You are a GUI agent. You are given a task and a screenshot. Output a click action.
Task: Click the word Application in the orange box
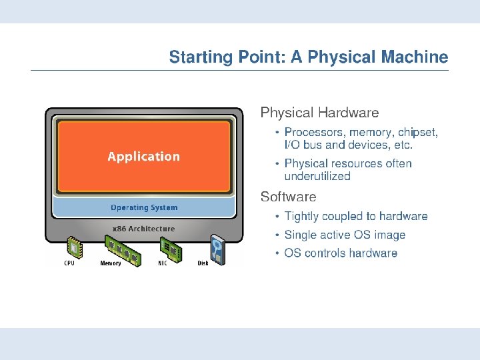tap(143, 157)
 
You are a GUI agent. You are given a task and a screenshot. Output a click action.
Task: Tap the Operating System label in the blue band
tap(144, 208)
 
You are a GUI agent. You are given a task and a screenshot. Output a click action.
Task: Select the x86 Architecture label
tap(143, 229)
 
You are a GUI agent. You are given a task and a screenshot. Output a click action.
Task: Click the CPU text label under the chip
tap(69, 263)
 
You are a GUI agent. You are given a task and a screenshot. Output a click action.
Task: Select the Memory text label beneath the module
tap(111, 263)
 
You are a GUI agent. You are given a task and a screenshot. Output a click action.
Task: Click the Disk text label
tap(203, 263)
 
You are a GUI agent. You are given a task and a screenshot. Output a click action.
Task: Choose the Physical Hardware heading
tap(319, 113)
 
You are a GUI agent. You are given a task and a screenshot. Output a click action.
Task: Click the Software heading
tap(288, 197)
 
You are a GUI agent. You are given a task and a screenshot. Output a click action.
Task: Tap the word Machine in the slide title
tap(415, 57)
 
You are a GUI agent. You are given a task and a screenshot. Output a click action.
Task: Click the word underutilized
tap(317, 177)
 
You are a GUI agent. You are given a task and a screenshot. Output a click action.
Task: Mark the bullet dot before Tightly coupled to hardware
tap(278, 217)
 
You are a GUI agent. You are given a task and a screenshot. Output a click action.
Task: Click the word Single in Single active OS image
tap(299, 235)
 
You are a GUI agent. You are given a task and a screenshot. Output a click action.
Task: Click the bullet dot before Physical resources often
tap(278, 163)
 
